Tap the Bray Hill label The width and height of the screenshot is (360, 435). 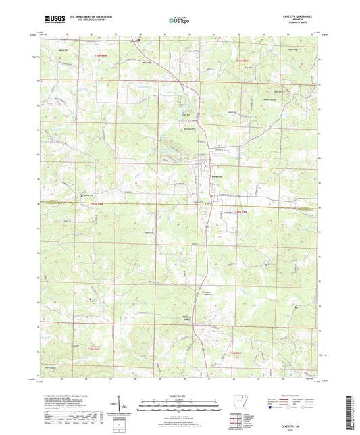[247, 68]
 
